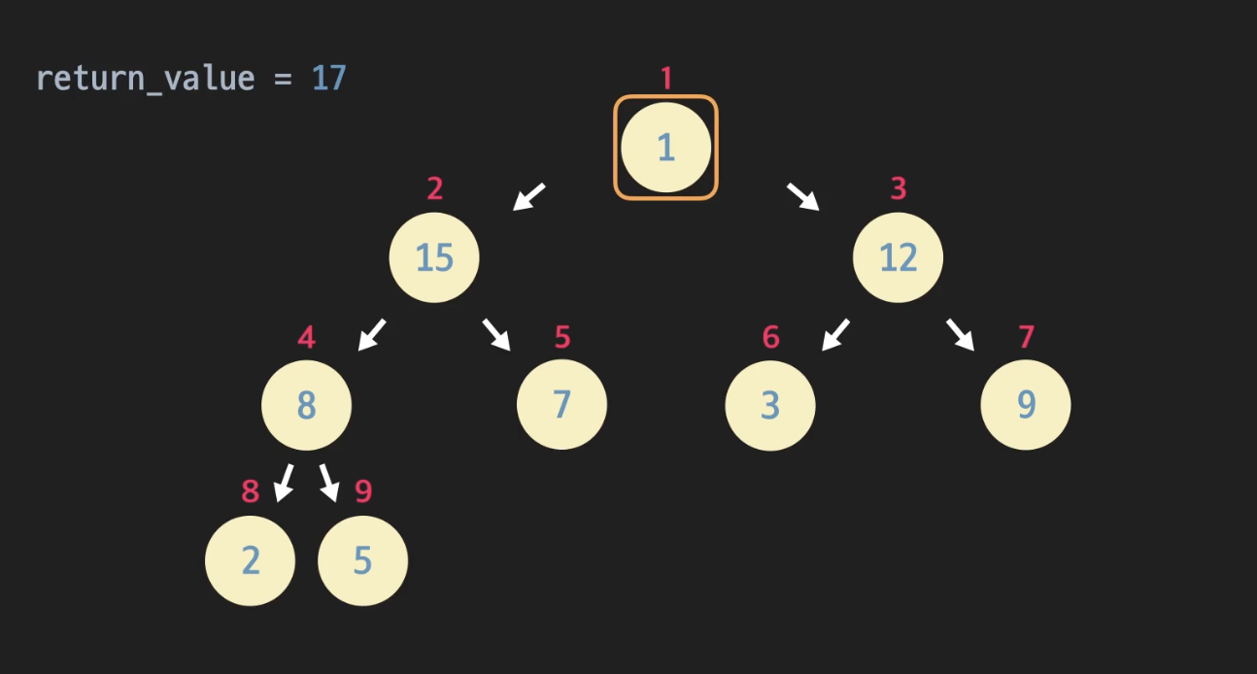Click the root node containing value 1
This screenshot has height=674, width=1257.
(665, 148)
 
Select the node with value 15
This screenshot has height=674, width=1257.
(434, 257)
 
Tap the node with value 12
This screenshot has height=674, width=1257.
(898, 257)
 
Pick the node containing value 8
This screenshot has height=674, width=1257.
(306, 405)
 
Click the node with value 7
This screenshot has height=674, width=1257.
(561, 405)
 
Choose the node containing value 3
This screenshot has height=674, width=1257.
(770, 405)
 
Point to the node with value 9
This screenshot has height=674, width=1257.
(1026, 405)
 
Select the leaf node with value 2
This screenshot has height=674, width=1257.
(250, 560)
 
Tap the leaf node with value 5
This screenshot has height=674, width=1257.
(362, 560)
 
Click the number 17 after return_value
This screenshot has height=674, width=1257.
(329, 78)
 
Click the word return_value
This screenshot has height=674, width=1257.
(145, 78)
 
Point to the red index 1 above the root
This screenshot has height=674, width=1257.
(665, 79)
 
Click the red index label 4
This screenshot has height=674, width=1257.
(306, 338)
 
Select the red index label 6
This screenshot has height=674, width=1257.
(770, 338)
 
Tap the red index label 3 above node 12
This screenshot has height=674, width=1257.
(898, 188)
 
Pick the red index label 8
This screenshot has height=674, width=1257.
(251, 491)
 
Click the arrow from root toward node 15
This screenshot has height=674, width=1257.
(529, 196)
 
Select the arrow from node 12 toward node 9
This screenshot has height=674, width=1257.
(960, 335)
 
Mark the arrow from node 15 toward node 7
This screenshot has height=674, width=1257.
(496, 335)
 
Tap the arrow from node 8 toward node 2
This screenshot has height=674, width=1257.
(284, 483)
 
